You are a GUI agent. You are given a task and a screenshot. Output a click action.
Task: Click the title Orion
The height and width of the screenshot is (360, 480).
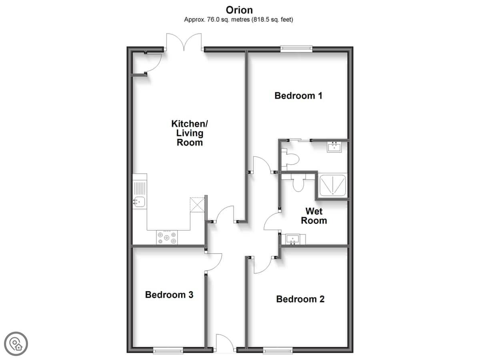click(x=239, y=10)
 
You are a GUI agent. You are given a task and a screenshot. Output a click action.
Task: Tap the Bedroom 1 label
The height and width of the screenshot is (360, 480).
click(x=298, y=96)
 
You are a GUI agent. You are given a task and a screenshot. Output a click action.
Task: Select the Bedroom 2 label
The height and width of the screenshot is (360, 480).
click(x=300, y=299)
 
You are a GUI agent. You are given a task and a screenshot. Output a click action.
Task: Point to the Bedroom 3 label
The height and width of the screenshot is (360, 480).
click(x=169, y=295)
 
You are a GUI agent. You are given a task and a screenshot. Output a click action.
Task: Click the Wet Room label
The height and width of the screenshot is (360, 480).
click(x=314, y=216)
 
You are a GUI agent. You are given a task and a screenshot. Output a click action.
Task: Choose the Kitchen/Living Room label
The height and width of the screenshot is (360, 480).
click(x=190, y=133)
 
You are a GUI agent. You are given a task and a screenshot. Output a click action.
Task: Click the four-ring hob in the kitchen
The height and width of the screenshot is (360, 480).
click(x=167, y=238)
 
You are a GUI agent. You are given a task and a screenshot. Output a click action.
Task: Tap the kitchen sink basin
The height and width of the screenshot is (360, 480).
click(x=139, y=202)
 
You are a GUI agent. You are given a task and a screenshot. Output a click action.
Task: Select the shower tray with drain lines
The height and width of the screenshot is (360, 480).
click(x=333, y=185)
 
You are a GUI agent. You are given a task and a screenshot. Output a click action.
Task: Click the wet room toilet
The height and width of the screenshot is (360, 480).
click(x=298, y=183)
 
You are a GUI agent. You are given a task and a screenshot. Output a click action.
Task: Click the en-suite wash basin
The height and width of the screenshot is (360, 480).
click(x=334, y=147)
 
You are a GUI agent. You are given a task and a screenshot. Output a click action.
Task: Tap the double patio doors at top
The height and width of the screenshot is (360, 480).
click(x=184, y=42)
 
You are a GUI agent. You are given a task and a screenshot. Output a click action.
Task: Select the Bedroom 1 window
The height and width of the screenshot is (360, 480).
click(x=296, y=49)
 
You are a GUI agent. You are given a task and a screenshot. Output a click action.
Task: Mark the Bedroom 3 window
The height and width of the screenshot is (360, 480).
click(x=168, y=350)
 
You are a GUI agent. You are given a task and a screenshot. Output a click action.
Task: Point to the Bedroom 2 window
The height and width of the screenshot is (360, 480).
click(x=278, y=350)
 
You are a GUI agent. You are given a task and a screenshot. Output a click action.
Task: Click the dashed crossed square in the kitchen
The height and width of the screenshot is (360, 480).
click(x=197, y=205)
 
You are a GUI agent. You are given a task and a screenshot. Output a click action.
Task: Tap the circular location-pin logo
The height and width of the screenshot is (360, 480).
click(x=16, y=344)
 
